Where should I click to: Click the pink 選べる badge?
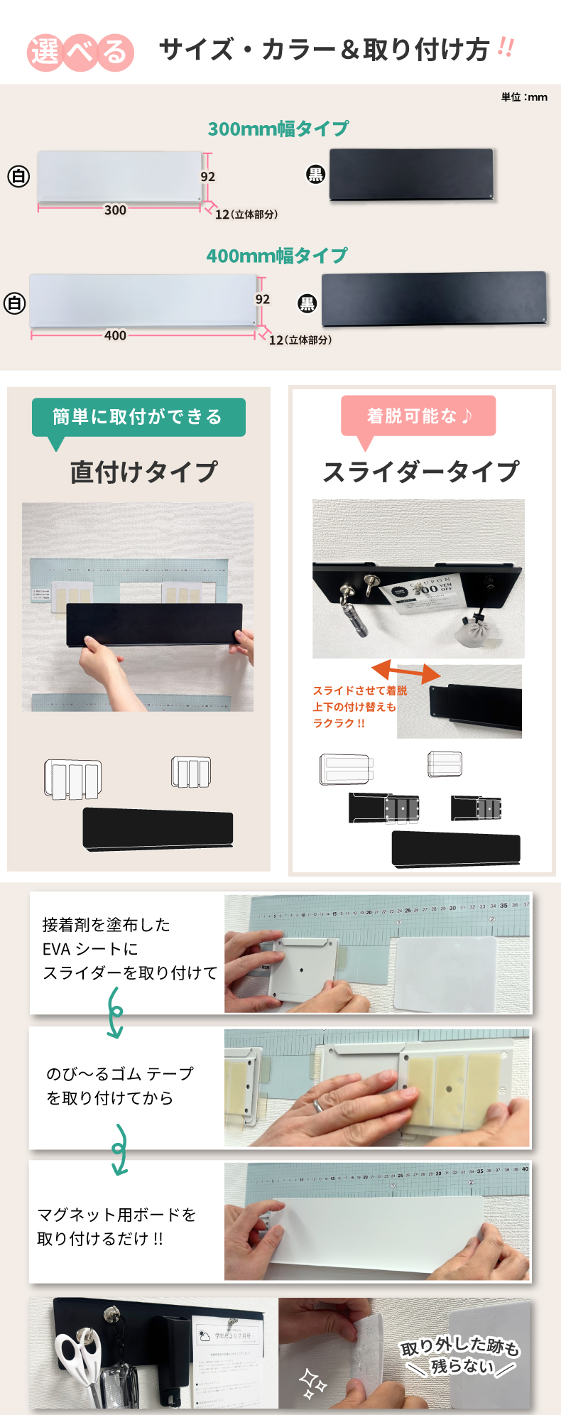pyautogui.click(x=80, y=53)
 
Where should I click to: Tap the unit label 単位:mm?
pyautogui.click(x=524, y=97)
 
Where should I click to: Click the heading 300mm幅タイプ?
pyautogui.click(x=278, y=129)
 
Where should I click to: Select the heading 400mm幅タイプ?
pyautogui.click(x=277, y=256)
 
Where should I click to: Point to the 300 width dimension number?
pyautogui.click(x=115, y=210)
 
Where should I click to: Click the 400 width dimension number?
pyautogui.click(x=115, y=336)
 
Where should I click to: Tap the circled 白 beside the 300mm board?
pyautogui.click(x=18, y=176)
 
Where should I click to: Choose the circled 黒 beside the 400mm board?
pyautogui.click(x=307, y=304)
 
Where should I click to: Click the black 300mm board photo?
pyautogui.click(x=411, y=174)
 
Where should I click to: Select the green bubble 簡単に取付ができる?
pyautogui.click(x=138, y=417)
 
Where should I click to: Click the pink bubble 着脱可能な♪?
pyautogui.click(x=418, y=416)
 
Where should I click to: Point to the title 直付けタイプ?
pyautogui.click(x=143, y=472)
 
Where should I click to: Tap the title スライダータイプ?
pyautogui.click(x=421, y=472)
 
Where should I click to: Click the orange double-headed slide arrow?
pyautogui.click(x=406, y=672)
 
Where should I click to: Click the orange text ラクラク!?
pyautogui.click(x=339, y=723)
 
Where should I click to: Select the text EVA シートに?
pyautogui.click(x=90, y=949)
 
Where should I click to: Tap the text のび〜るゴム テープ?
pyautogui.click(x=120, y=1074)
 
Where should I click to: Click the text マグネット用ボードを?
pyautogui.click(x=116, y=1215)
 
